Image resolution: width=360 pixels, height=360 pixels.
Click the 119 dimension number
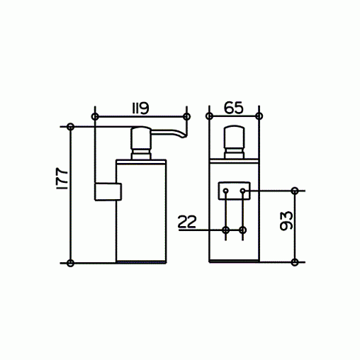coord(140,109)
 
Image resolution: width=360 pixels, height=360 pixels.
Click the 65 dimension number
coord(233,108)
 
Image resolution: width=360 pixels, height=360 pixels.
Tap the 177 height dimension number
coord(62,179)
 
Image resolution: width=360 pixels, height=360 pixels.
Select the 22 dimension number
coord(187,222)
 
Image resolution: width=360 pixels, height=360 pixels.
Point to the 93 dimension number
coord(286,220)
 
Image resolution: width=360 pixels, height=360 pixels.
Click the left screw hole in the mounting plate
coord(226,191)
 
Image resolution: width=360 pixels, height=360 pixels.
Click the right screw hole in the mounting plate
coord(242,191)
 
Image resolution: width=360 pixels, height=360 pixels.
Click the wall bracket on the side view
coord(108,192)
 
